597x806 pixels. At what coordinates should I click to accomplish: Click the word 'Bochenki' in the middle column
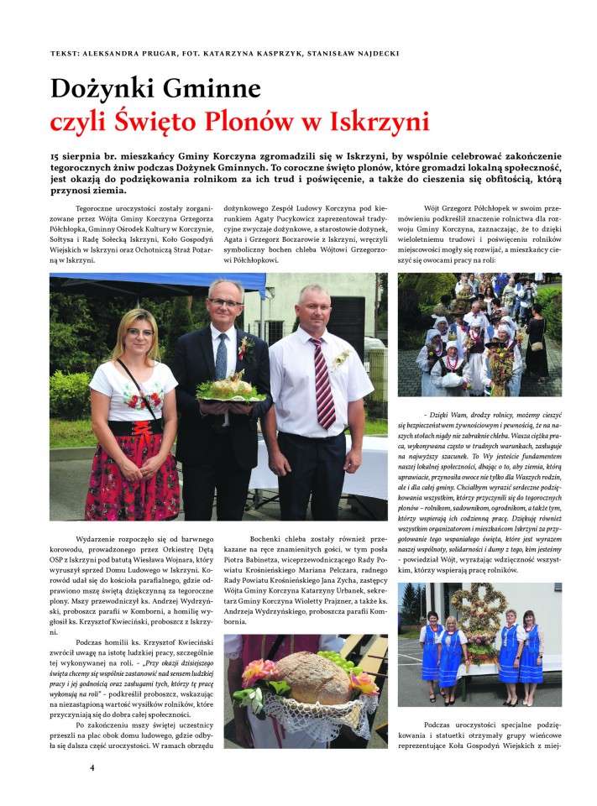click(269, 537)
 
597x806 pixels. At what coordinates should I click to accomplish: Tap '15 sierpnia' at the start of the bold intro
click(81, 157)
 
